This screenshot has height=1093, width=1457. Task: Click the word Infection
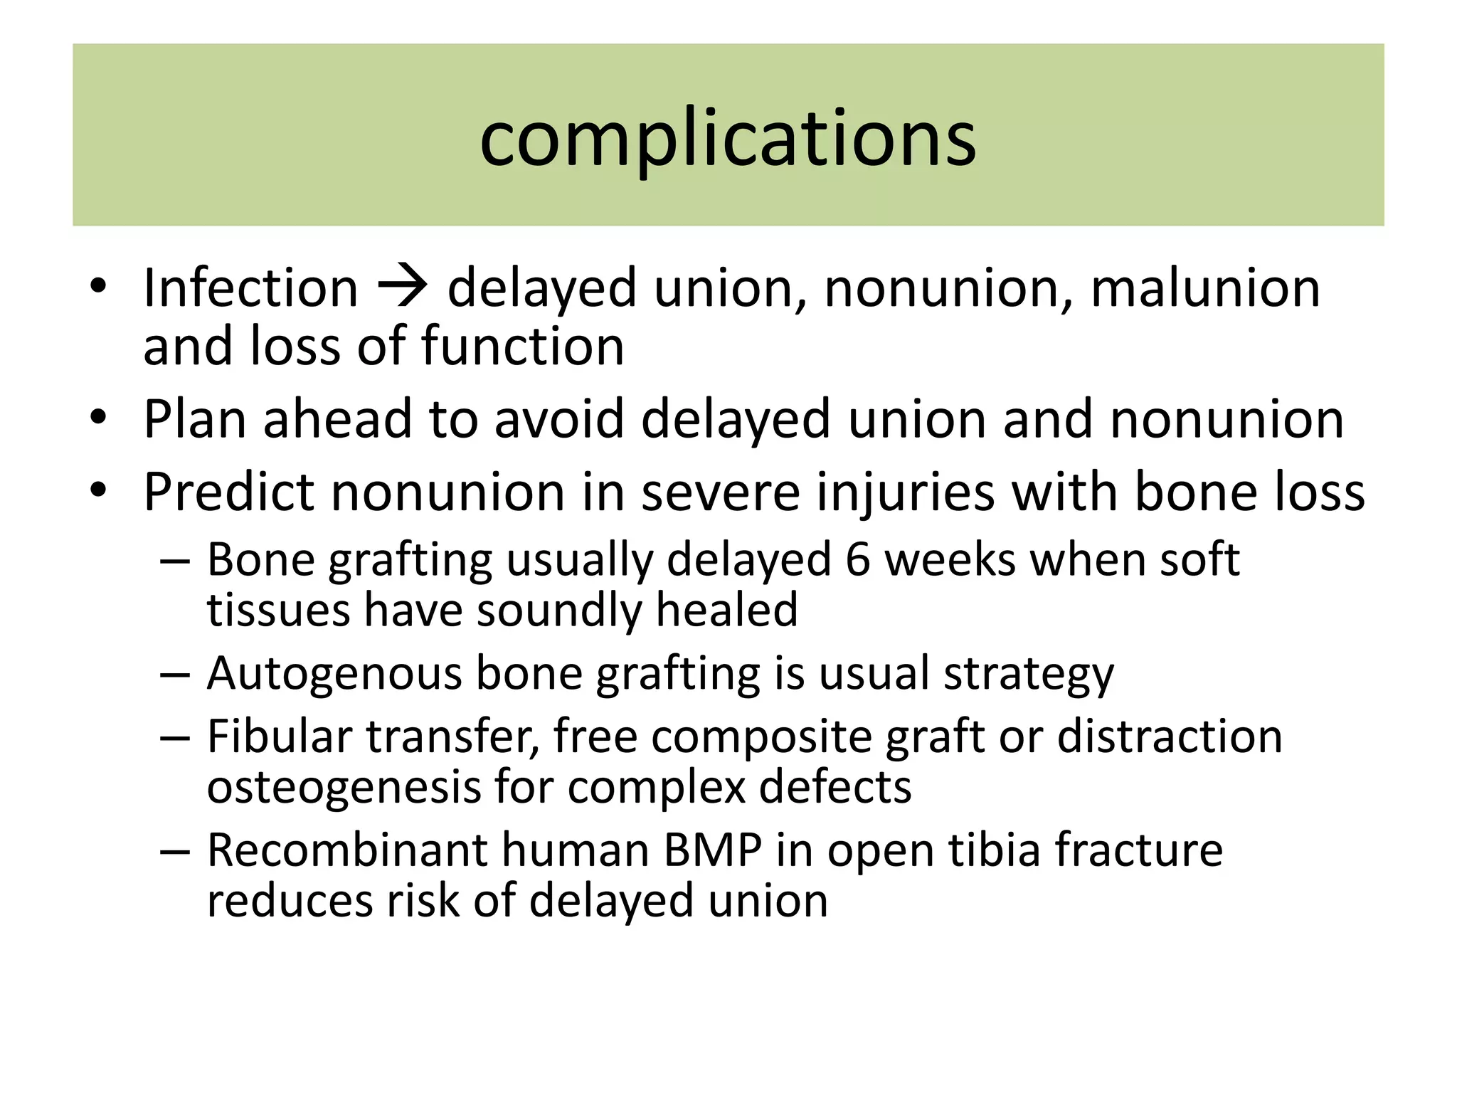250,288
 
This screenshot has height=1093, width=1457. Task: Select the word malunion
1205,288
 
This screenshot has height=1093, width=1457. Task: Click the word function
523,347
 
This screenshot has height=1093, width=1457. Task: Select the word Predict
228,492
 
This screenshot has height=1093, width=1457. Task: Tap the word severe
720,492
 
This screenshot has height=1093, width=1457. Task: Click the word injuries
905,492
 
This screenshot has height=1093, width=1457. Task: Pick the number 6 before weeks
857,559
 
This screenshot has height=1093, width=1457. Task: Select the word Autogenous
334,673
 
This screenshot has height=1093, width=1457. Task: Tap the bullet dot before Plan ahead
99,417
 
